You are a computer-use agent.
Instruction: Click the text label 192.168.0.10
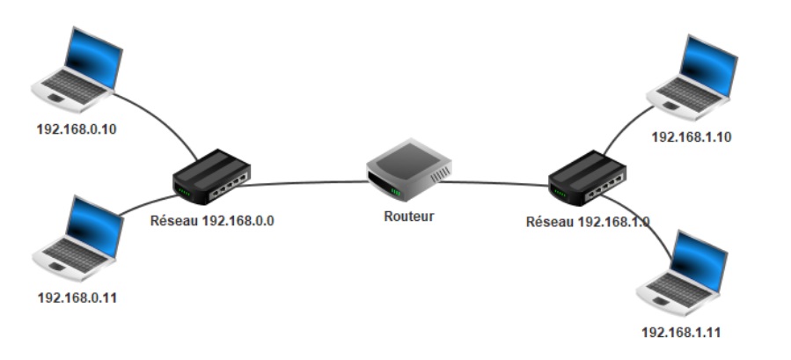click(x=77, y=129)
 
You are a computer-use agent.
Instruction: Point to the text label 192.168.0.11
click(x=77, y=297)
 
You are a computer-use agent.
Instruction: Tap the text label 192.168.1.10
click(x=692, y=136)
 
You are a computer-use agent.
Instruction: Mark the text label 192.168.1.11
click(x=683, y=332)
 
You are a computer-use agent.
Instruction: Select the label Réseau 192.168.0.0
click(x=214, y=221)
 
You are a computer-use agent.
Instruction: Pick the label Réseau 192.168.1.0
click(x=588, y=222)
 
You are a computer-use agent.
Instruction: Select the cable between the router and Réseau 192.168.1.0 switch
click(x=493, y=183)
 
